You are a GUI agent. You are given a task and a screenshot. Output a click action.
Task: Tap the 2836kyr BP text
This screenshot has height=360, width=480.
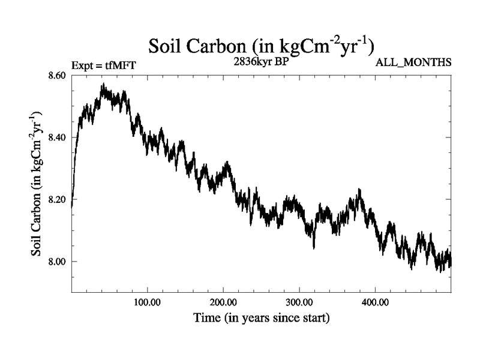coord(262,60)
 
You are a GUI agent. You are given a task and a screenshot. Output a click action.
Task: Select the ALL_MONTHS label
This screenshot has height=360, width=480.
coord(413,62)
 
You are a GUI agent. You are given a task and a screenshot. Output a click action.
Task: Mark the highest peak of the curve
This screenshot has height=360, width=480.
coord(103,85)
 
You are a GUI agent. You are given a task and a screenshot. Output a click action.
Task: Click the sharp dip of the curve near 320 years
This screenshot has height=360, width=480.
coord(314,247)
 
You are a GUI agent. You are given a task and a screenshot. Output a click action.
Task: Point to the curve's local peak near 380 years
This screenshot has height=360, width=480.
coord(360,190)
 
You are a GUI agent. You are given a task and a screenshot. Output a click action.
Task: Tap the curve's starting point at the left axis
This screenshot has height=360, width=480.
coord(72,206)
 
